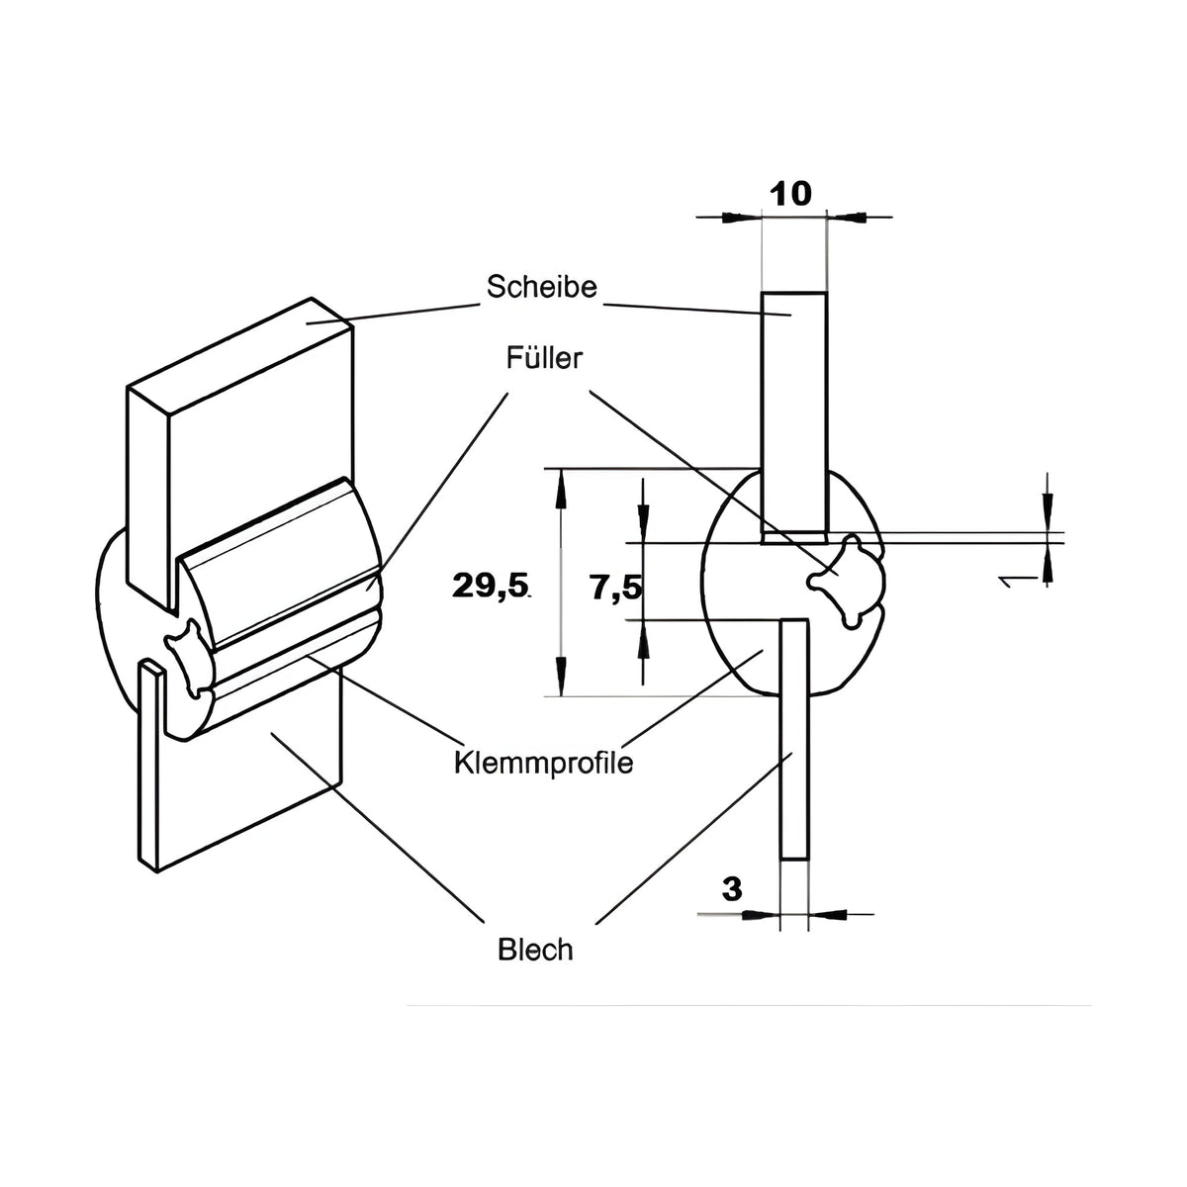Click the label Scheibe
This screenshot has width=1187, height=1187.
[x=541, y=287]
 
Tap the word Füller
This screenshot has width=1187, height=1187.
[x=544, y=358]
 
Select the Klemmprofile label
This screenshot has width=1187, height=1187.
[x=543, y=764]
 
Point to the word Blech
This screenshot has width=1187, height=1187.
[x=535, y=950]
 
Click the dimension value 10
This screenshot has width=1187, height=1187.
[x=791, y=195]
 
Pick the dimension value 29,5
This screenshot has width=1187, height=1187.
[x=491, y=586]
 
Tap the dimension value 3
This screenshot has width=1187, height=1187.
[x=732, y=889]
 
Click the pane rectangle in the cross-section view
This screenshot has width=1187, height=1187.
[x=794, y=417]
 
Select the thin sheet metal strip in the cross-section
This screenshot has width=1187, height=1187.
[x=793, y=739]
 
